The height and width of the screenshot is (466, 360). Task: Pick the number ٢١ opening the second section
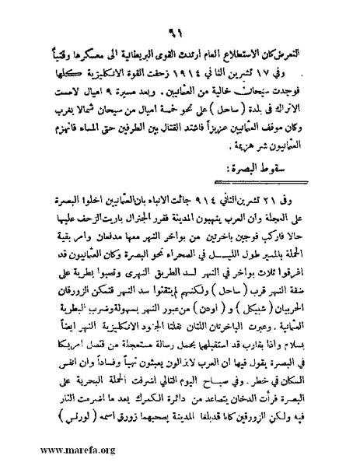tap(302, 201)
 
